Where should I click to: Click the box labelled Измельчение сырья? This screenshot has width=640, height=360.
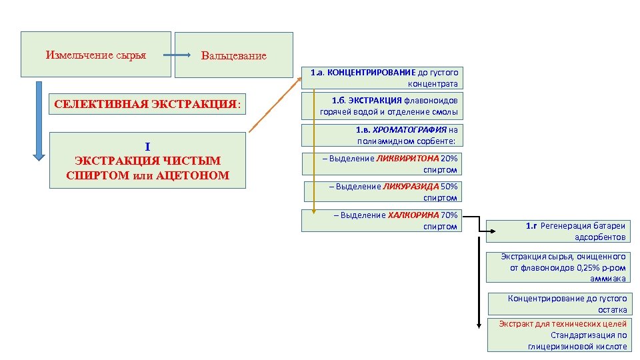(x=96, y=54)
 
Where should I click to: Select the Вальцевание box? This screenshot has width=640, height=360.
(x=233, y=55)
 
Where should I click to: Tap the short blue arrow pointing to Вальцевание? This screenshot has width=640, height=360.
(x=177, y=55)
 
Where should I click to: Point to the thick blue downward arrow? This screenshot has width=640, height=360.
(x=39, y=120)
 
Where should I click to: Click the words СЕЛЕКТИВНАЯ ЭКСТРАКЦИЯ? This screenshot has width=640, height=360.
(x=145, y=105)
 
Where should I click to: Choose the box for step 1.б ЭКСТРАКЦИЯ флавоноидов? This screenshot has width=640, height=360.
(x=381, y=106)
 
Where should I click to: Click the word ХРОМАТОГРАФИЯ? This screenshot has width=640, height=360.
(x=410, y=129)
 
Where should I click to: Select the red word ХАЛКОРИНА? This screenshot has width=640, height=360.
(x=413, y=215)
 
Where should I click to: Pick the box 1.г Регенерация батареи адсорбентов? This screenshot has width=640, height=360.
(x=557, y=231)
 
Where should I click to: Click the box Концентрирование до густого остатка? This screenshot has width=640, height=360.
(x=557, y=304)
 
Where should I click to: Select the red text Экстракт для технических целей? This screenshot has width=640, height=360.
(x=563, y=323)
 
